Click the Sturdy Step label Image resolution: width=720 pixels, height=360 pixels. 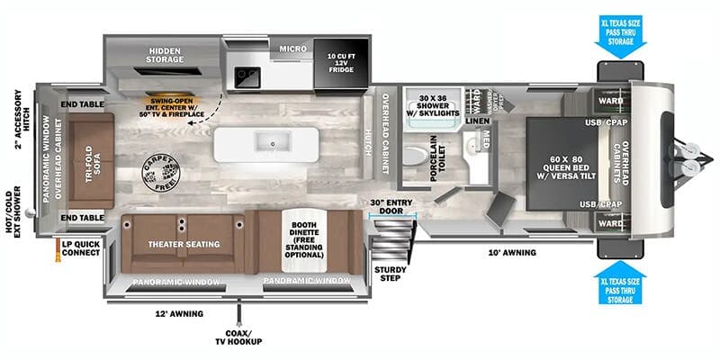click(390, 273)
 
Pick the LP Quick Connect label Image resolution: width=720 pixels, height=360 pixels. click(78, 247)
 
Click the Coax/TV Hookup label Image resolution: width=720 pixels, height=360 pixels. click(239, 337)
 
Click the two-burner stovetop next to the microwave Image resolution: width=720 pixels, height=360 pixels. click(247, 78)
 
